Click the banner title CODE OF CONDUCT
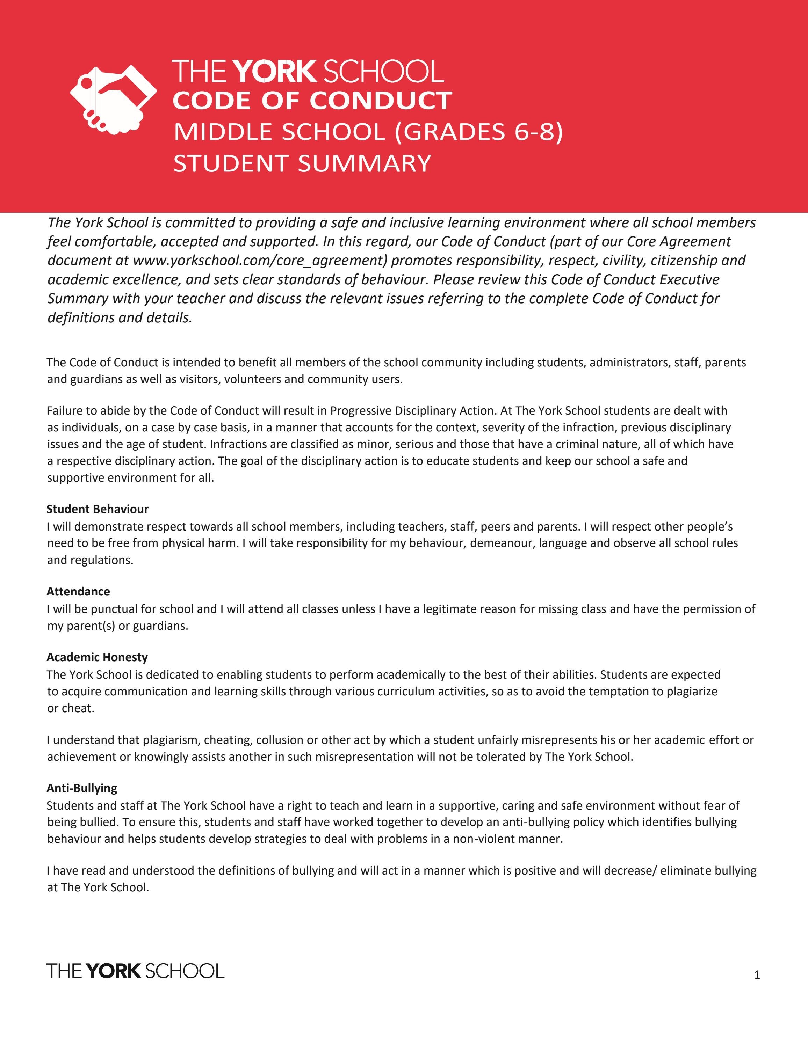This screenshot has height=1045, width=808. point(312,101)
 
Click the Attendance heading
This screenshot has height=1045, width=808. point(78,591)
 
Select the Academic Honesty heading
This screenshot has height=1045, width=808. point(97,657)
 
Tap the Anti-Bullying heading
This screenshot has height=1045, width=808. point(82,788)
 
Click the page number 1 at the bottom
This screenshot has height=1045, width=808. point(757,975)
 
